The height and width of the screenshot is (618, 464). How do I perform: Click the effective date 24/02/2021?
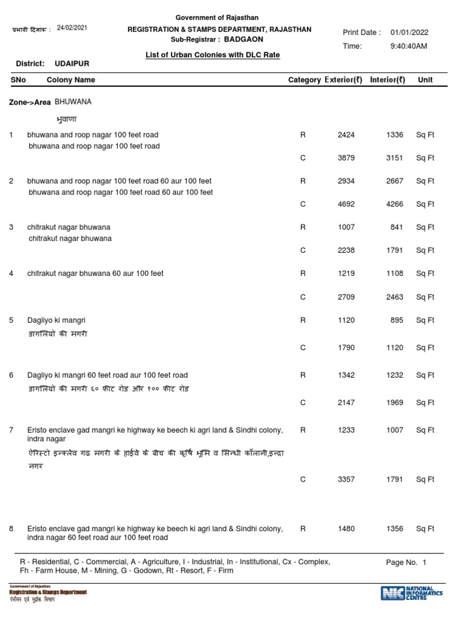click(x=72, y=28)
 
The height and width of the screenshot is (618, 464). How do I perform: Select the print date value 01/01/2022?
click(x=410, y=33)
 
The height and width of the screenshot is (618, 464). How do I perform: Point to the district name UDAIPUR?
click(x=72, y=63)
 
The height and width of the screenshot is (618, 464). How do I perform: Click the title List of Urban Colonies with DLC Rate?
click(x=213, y=55)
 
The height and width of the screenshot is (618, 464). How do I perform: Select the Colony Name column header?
click(x=71, y=80)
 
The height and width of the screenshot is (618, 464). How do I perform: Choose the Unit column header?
click(x=425, y=80)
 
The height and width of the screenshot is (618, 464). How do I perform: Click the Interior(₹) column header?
click(x=387, y=80)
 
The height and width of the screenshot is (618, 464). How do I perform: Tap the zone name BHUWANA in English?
click(x=73, y=102)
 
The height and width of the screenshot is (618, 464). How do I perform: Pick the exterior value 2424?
click(x=346, y=135)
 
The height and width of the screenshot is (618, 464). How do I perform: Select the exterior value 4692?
click(x=346, y=204)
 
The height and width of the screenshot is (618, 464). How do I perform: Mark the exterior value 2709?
click(x=346, y=297)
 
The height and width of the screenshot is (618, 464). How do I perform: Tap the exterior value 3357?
click(x=346, y=480)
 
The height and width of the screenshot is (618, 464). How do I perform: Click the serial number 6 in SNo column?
click(x=11, y=375)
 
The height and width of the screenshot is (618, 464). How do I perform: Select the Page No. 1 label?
click(x=406, y=562)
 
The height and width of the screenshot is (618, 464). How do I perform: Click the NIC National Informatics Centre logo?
click(x=411, y=593)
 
